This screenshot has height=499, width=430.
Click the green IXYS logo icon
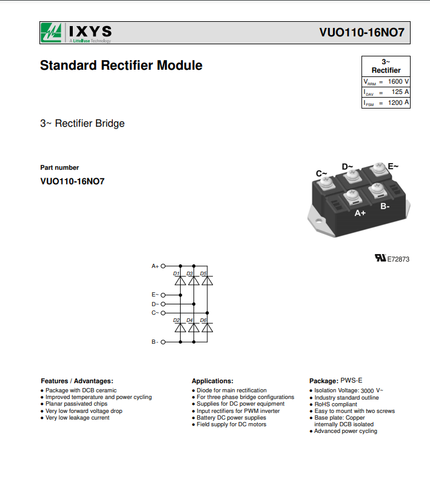pyautogui.click(x=51, y=33)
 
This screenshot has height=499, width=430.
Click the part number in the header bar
pyautogui.click(x=362, y=33)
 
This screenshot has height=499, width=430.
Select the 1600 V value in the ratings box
pyautogui.click(x=398, y=81)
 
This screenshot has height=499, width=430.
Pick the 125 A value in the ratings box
pyautogui.click(x=400, y=92)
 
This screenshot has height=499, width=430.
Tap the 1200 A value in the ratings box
pyautogui.click(x=398, y=102)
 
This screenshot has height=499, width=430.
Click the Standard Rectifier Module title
pyautogui.click(x=121, y=65)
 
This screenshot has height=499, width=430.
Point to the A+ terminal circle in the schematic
pyautogui.click(x=163, y=266)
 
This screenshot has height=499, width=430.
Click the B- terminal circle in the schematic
pyautogui.click(x=163, y=342)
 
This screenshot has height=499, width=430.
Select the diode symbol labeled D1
pyautogui.click(x=181, y=281)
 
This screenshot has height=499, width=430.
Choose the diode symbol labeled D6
pyautogui.click(x=207, y=327)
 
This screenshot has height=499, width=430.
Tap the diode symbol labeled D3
pyautogui.click(x=194, y=281)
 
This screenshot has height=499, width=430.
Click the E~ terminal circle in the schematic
pyautogui.click(x=163, y=295)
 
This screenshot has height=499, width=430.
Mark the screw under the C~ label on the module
pyautogui.click(x=326, y=182)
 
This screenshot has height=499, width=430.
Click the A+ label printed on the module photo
pyautogui.click(x=360, y=213)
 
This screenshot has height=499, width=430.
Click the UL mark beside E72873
pyautogui.click(x=380, y=258)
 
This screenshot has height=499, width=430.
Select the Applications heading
pyautogui.click(x=212, y=381)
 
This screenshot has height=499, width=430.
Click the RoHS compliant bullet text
pyautogui.click(x=336, y=404)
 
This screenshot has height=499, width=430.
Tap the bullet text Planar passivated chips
pyautogui.click(x=76, y=404)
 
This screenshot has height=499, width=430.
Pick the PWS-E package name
pyautogui.click(x=351, y=380)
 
